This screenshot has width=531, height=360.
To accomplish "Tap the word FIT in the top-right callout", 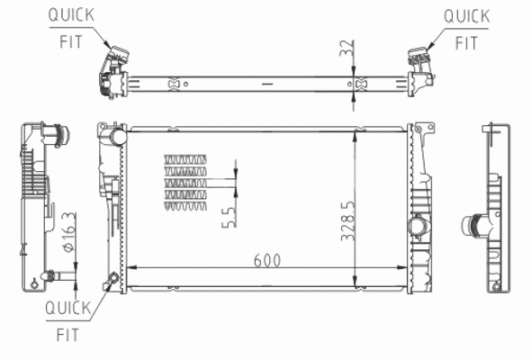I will tap(466, 41).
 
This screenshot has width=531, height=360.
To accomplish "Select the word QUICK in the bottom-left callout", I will tap(68, 309).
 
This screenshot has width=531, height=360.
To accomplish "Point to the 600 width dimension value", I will tap(267, 259).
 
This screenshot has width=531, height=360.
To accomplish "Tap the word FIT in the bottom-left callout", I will tap(68, 335).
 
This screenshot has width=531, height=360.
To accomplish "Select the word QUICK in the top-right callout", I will tap(466, 15).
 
